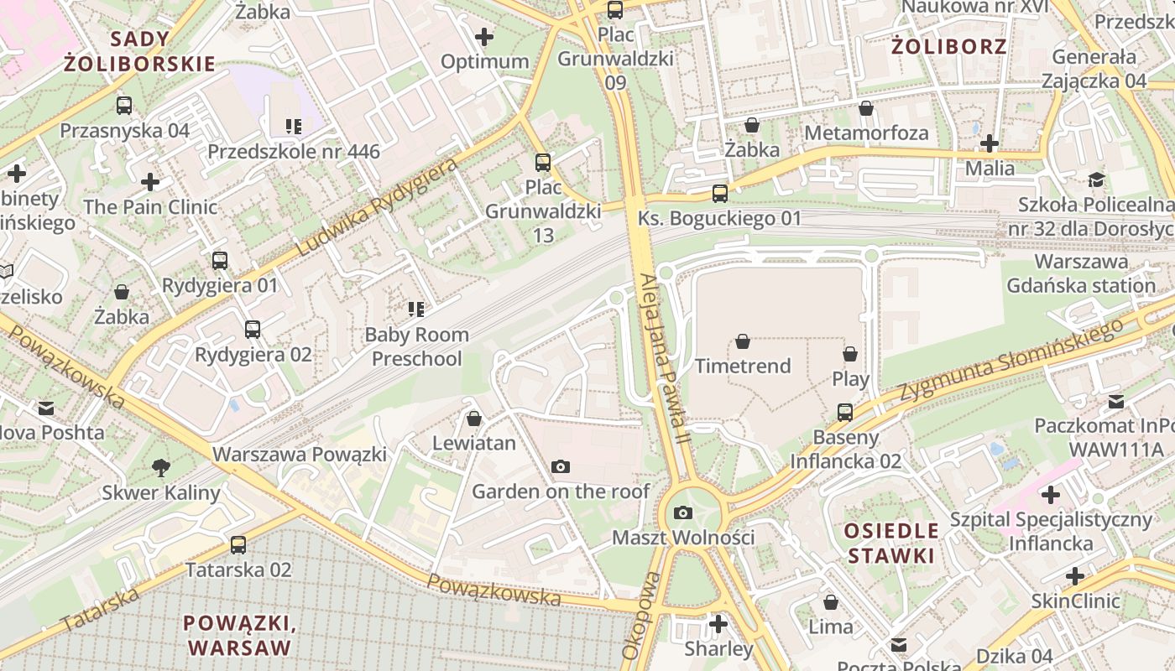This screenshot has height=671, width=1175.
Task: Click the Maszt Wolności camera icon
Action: [684, 512]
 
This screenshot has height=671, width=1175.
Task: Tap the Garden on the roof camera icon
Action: [561, 466]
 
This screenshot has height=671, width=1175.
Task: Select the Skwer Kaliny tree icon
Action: [160, 468]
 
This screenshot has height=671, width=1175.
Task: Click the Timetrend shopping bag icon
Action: [743, 341]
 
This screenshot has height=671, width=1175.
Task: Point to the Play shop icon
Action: [850, 354]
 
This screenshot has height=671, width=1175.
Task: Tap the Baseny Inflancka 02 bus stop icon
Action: [845, 413]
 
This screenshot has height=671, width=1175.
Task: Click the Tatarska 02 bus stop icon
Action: [238, 545]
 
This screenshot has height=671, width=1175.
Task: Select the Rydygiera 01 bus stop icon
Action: [220, 261]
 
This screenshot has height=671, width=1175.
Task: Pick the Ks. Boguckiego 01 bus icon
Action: [720, 194]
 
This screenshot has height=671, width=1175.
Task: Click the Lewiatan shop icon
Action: [474, 418]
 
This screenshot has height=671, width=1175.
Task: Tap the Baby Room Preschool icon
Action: [415, 309]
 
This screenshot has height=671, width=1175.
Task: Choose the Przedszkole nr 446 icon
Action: [293, 127]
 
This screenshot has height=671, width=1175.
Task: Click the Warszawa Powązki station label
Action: [300, 455]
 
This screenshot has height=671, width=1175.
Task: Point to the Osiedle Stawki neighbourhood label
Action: [890, 543]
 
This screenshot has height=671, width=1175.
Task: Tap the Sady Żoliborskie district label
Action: [140, 51]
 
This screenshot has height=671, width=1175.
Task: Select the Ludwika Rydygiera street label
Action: [378, 206]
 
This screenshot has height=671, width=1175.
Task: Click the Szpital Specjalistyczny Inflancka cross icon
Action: [1050, 495]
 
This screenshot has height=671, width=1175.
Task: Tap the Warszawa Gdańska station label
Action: [1081, 273]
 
